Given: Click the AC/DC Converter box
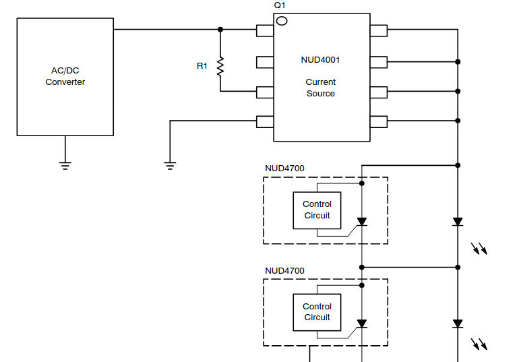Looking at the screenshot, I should click(65, 77).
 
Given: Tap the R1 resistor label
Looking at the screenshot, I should click(202, 66).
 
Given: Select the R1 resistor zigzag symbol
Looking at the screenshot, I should click(220, 66).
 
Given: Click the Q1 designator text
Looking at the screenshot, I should click(280, 5).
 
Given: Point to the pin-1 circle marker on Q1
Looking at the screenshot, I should click(282, 21).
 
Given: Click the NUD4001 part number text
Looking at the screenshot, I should click(320, 59).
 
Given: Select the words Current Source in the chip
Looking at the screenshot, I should click(320, 88).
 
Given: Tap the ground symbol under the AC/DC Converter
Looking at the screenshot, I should click(65, 163).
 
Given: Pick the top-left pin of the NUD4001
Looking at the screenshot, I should click(265, 30).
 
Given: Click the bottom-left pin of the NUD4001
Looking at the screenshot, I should click(265, 121).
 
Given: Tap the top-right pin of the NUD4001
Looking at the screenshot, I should click(378, 30).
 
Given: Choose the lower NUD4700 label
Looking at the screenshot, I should click(284, 271).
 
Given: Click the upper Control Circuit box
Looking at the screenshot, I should click(317, 210).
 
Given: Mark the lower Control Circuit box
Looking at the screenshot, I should click(317, 312).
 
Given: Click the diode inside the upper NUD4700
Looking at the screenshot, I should click(362, 221).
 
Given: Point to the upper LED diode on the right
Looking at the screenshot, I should click(458, 221).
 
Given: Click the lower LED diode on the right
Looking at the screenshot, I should click(458, 324).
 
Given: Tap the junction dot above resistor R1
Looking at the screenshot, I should click(220, 30).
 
